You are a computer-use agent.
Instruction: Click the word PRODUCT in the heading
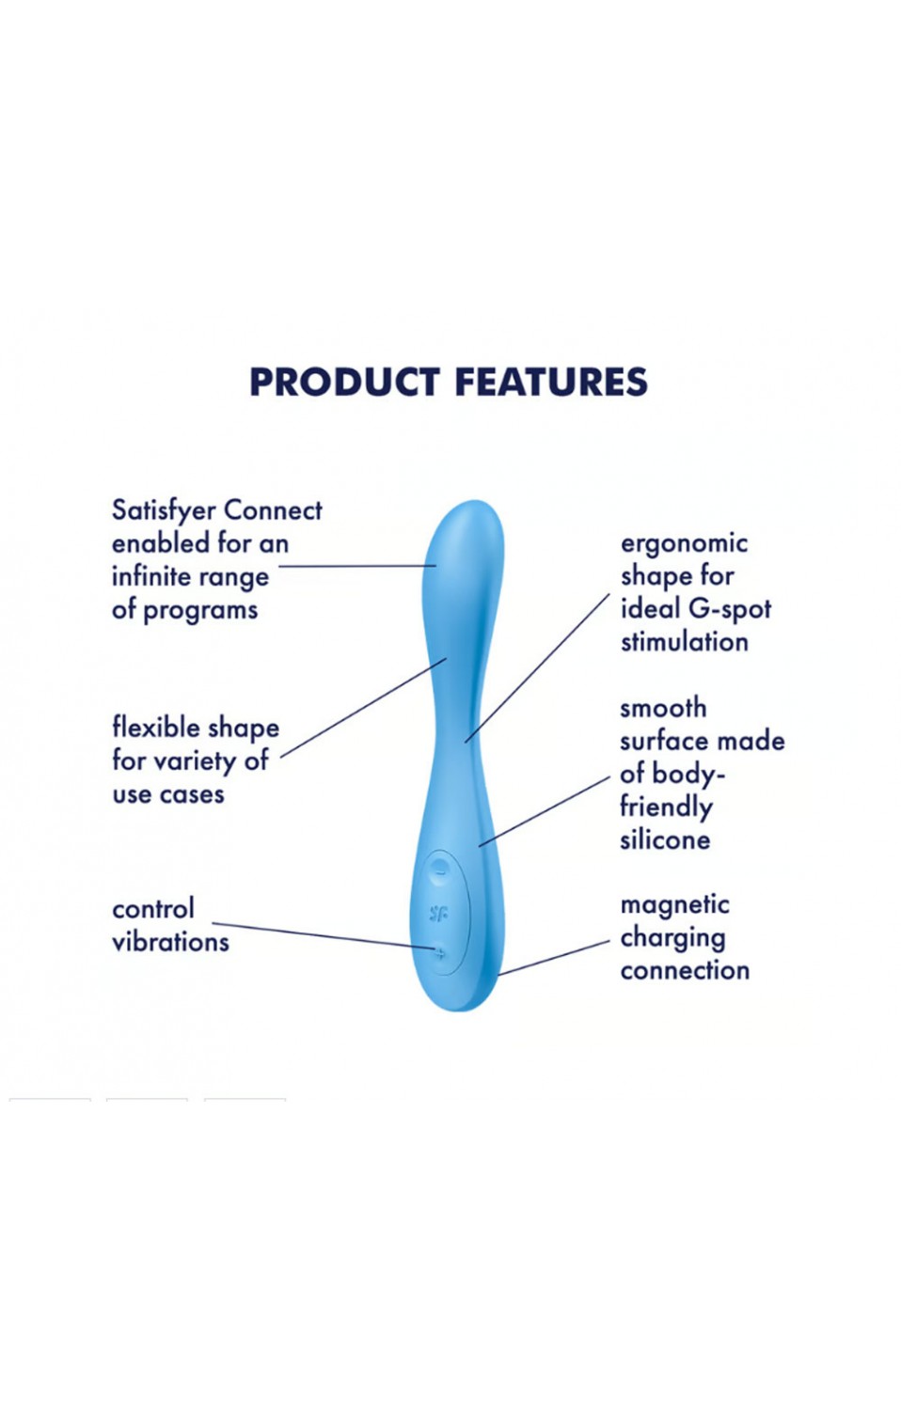click(x=344, y=382)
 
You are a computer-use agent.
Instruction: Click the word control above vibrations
click(x=153, y=909)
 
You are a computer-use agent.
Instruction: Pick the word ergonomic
click(x=685, y=544)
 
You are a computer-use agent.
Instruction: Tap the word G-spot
click(x=730, y=609)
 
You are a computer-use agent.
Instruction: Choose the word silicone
click(x=665, y=839)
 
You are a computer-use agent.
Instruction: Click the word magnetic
click(x=675, y=905)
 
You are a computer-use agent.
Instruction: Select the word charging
click(x=673, y=938)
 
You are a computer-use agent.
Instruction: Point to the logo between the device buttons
click(x=438, y=913)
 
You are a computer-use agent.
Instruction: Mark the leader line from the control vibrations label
click(x=324, y=935)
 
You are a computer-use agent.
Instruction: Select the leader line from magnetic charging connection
click(x=554, y=958)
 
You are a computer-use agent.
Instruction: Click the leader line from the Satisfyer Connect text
click(x=357, y=566)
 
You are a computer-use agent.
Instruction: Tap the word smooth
click(x=663, y=709)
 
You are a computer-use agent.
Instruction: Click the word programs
click(x=200, y=609)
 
